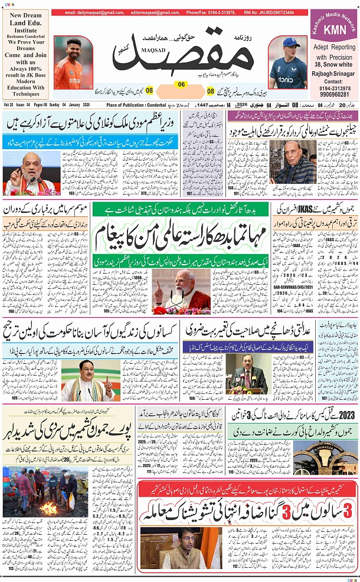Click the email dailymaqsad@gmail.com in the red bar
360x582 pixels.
91,12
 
